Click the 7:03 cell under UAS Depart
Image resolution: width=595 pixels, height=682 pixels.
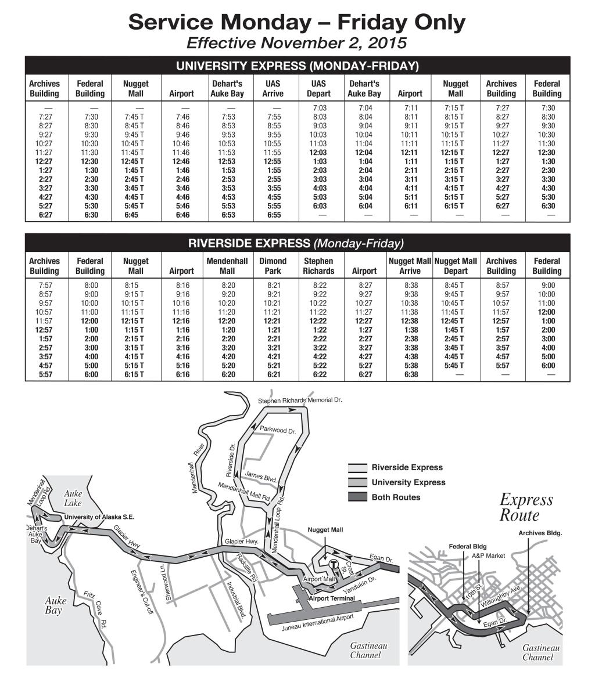(318, 108)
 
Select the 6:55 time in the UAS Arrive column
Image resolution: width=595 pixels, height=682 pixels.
(273, 215)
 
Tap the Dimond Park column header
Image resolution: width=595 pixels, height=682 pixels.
(273, 266)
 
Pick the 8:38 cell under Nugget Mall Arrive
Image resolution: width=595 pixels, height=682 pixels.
(410, 286)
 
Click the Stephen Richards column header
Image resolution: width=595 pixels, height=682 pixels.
(318, 266)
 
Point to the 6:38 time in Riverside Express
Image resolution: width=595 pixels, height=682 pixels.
(410, 374)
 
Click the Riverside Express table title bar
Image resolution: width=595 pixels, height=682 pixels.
(297, 243)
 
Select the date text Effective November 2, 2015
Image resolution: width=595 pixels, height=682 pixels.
(297, 43)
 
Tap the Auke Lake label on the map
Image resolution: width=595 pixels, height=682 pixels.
(73, 498)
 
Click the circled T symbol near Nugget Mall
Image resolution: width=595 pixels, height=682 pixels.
(334, 564)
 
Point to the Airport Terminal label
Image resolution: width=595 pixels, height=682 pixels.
(332, 598)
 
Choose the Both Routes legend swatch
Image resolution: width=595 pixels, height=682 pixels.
(357, 497)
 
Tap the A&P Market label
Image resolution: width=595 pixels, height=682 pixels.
(489, 555)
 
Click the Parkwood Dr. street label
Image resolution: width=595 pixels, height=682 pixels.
(278, 431)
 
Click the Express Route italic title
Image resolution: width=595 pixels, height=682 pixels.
(526, 507)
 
